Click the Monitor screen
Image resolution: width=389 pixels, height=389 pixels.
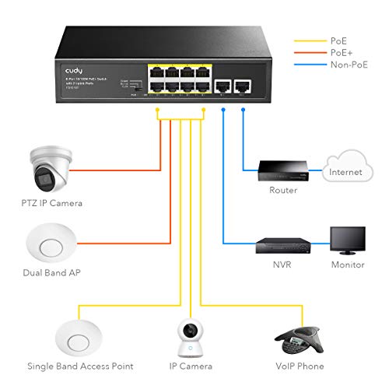point(347,240)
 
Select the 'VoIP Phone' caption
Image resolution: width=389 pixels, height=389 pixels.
point(299,366)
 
